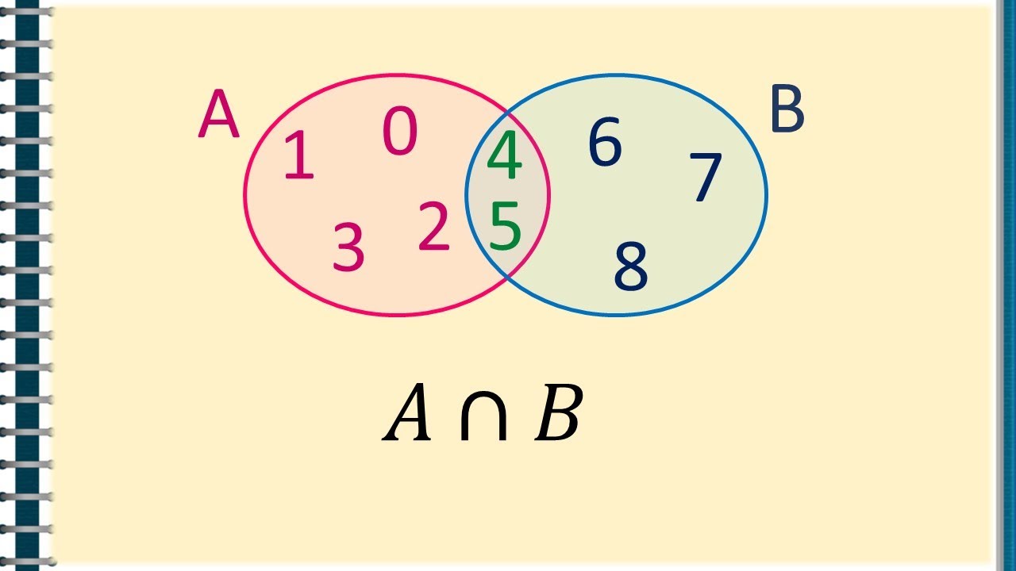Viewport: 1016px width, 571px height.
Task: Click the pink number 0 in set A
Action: click(399, 131)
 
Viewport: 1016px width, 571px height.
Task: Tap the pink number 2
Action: click(433, 226)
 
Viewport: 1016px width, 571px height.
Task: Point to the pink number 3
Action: click(348, 247)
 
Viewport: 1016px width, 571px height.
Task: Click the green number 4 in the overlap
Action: click(504, 155)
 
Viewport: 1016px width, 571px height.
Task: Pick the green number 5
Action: click(506, 226)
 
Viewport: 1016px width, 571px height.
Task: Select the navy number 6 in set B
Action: click(605, 141)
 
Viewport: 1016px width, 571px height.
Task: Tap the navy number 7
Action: click(706, 177)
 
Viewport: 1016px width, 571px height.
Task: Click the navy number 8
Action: click(631, 266)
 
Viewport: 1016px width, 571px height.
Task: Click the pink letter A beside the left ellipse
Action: click(218, 113)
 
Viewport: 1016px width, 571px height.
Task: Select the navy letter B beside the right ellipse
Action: click(787, 109)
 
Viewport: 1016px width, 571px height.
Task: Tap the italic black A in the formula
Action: click(407, 412)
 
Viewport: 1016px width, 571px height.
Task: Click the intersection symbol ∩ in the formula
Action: click(483, 415)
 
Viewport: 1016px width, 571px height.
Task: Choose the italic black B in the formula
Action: click(558, 412)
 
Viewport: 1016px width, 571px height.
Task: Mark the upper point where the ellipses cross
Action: click(509, 112)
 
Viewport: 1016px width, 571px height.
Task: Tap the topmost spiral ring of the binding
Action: click(26, 11)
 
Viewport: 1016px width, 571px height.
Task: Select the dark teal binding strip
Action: click(27, 285)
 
